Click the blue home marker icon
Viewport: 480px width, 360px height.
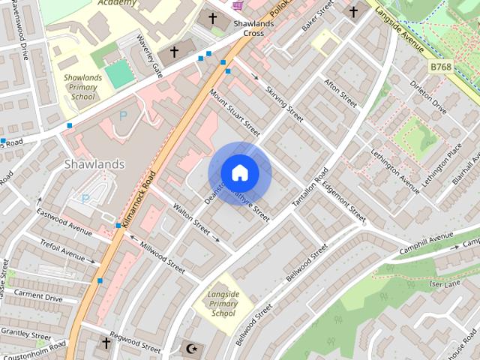pyautogui.click(x=240, y=172)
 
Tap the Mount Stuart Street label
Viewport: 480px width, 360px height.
pyautogui.click(x=235, y=113)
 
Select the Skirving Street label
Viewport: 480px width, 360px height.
pyautogui.click(x=284, y=103)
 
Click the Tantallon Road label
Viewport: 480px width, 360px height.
pyautogui.click(x=310, y=187)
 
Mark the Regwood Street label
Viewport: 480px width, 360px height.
pyautogui.click(x=136, y=344)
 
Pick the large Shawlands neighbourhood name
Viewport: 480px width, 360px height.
pyautogui.click(x=94, y=163)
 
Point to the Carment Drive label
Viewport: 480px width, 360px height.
pyautogui.click(x=38, y=297)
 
